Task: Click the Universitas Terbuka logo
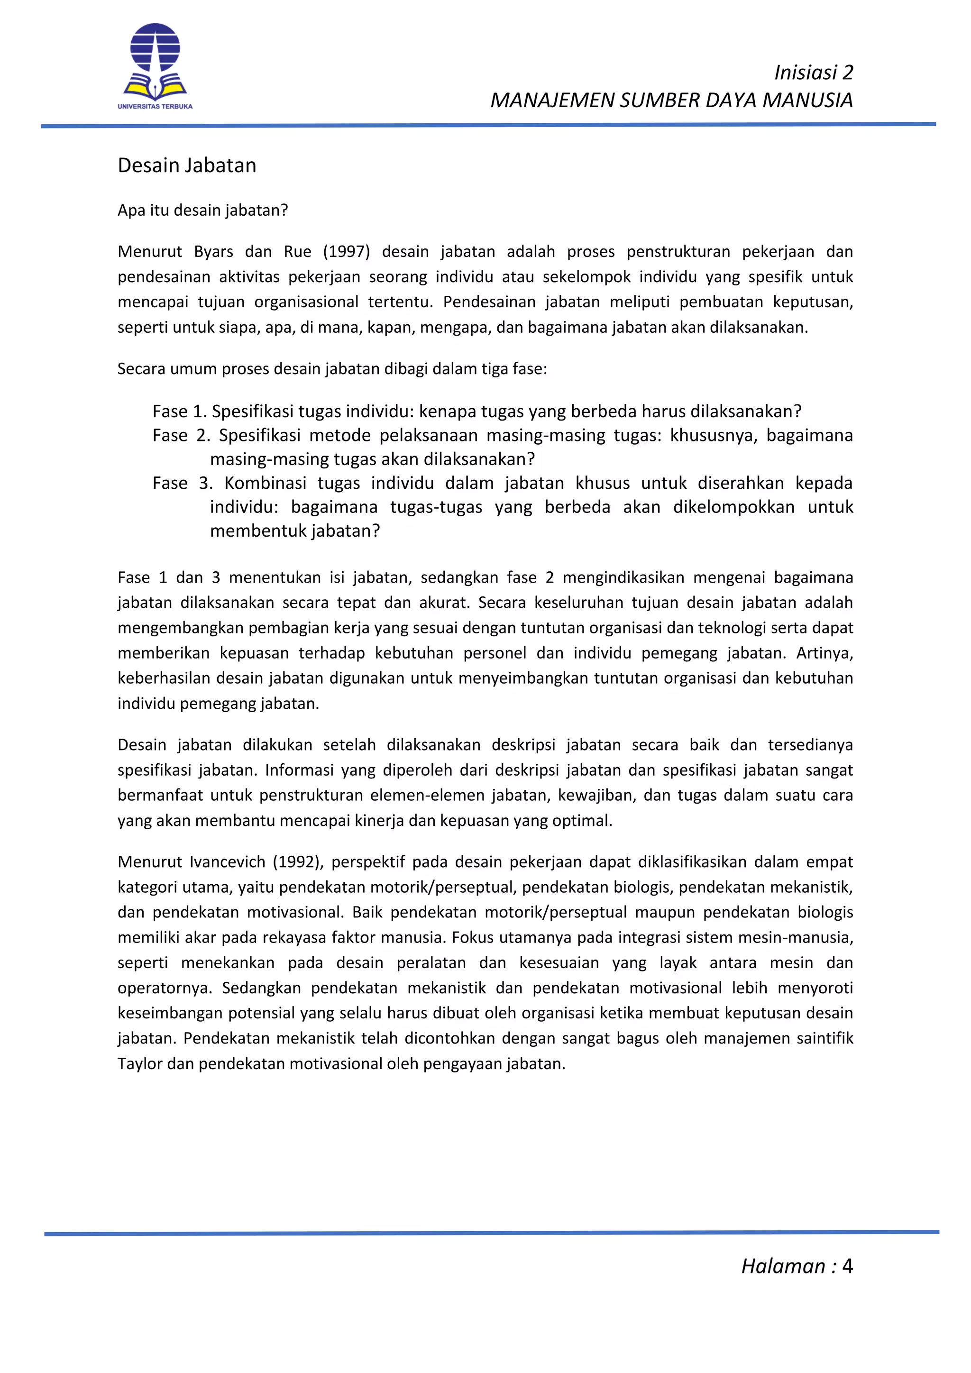pos(155,66)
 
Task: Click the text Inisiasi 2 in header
pos(813,73)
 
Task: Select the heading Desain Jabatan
pos(186,165)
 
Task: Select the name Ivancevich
pos(227,862)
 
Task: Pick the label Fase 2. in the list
pos(181,435)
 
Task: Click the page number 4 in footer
pos(847,1266)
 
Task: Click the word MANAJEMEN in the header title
pos(552,101)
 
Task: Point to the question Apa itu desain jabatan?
pos(203,211)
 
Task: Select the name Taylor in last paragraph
pos(140,1064)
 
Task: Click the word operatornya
pos(164,988)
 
